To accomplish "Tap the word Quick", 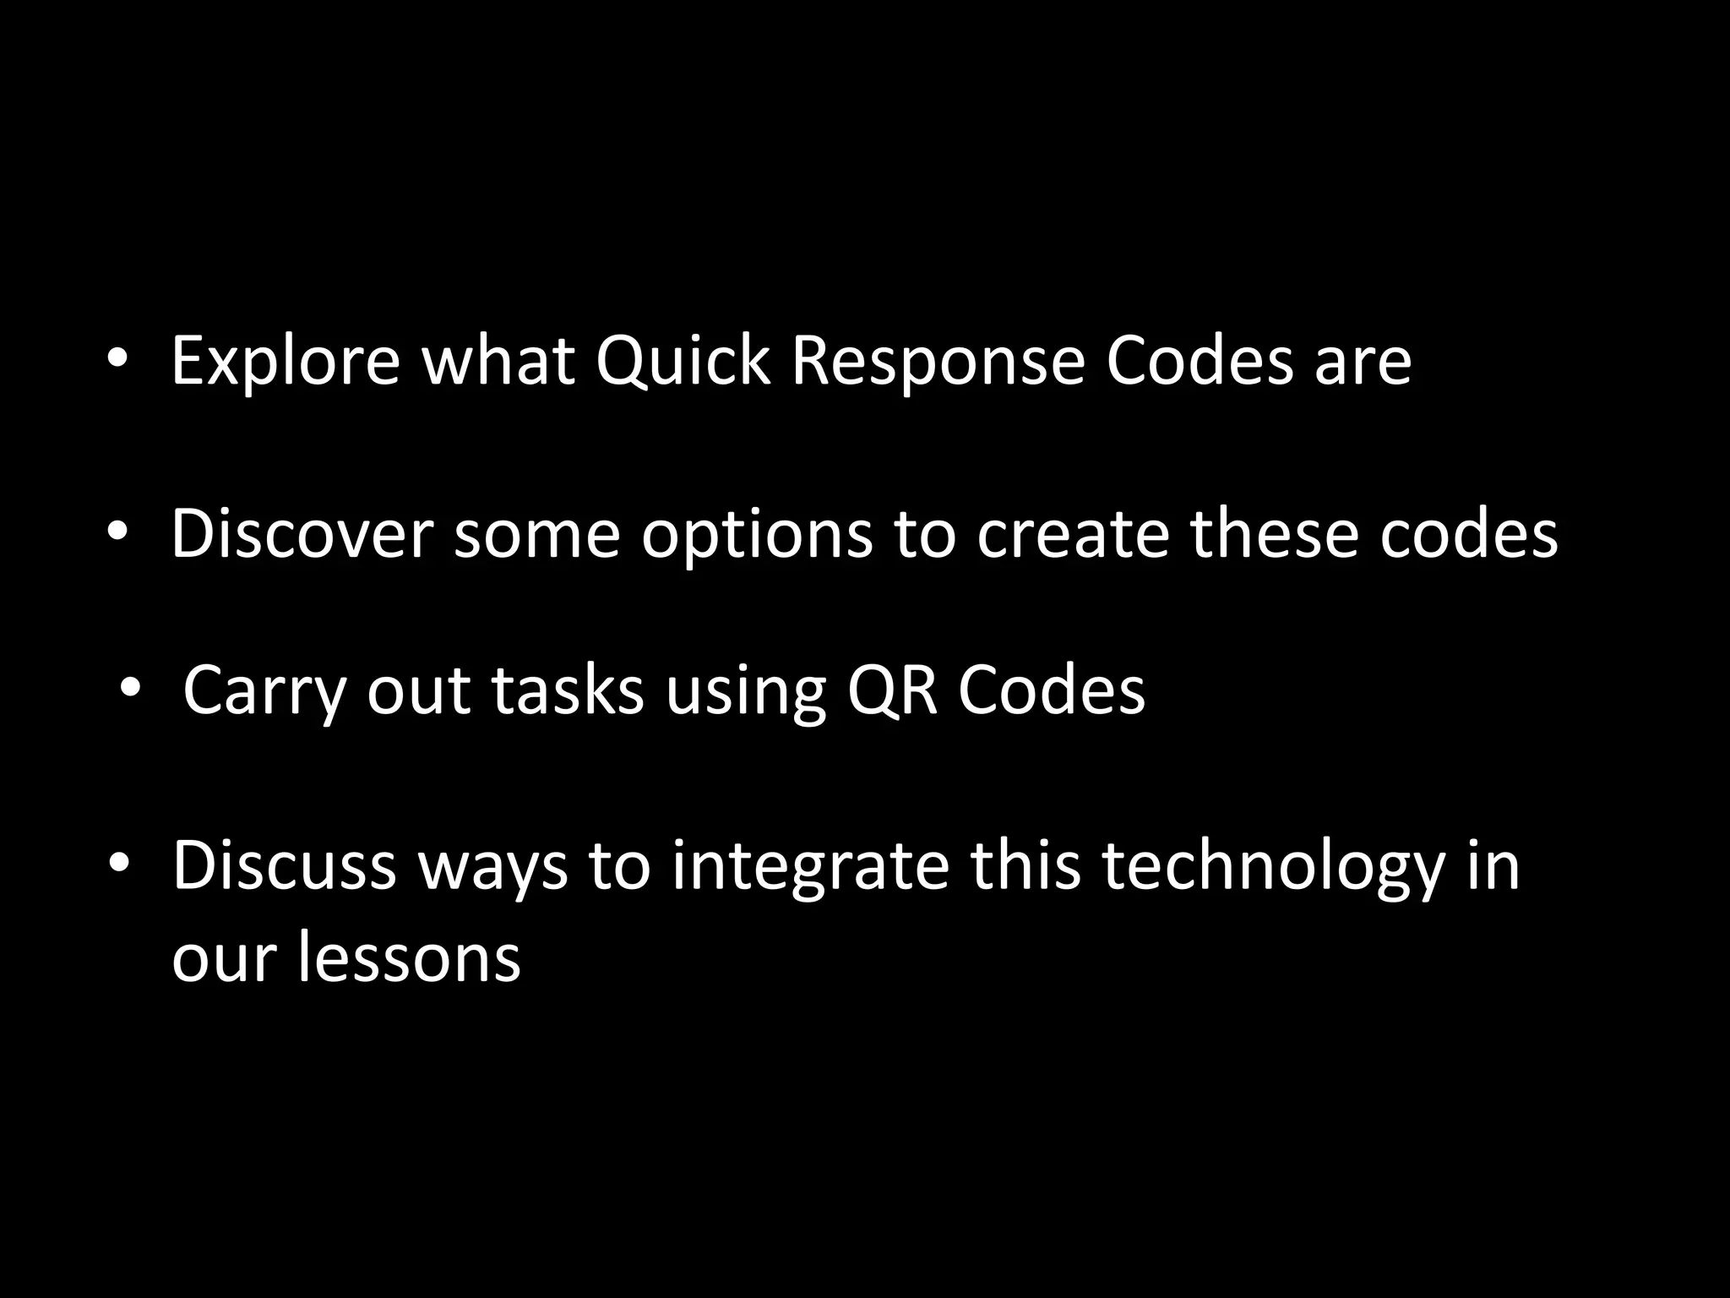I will coord(683,362).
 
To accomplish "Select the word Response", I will coord(938,362).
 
